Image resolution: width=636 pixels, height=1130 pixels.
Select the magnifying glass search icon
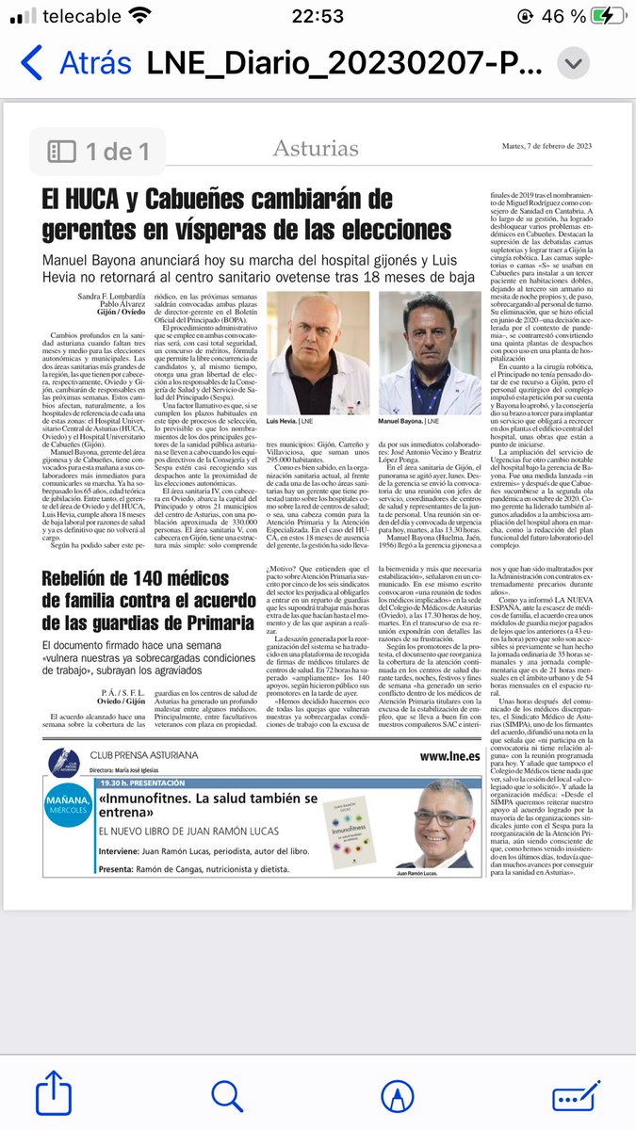click(x=228, y=1095)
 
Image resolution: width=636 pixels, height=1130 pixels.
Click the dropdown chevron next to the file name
click(x=572, y=63)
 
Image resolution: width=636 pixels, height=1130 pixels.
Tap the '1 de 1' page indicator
click(x=99, y=151)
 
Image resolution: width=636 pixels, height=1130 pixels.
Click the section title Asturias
click(x=316, y=148)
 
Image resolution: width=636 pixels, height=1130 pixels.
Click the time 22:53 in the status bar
click(x=318, y=16)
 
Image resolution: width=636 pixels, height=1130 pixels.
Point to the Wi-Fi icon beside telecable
click(x=140, y=16)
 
